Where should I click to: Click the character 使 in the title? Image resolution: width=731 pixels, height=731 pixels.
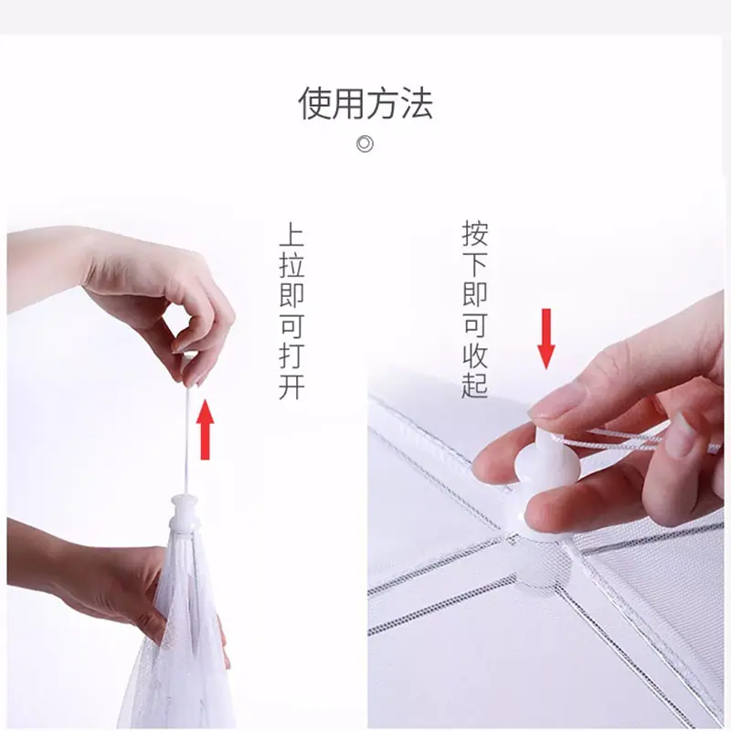(x=314, y=103)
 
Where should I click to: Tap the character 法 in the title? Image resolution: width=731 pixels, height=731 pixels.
(x=417, y=103)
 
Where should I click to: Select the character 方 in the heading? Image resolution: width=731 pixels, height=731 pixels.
(x=382, y=103)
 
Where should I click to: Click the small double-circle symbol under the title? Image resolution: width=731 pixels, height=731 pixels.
(x=365, y=143)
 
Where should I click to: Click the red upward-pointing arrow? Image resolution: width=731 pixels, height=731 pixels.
(x=205, y=430)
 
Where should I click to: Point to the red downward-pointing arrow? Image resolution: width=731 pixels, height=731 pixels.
(x=546, y=338)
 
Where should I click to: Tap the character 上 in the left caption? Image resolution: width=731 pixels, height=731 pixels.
(x=291, y=235)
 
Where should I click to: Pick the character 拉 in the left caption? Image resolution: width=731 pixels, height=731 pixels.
(x=291, y=265)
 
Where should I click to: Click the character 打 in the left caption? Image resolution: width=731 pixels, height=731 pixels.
(x=291, y=357)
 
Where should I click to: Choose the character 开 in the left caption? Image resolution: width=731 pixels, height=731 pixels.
(x=291, y=387)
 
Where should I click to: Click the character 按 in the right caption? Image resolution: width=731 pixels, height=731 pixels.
(x=475, y=234)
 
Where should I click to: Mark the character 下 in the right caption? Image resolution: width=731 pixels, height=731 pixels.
(x=475, y=264)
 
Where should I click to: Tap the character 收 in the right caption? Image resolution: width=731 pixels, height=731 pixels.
(x=475, y=355)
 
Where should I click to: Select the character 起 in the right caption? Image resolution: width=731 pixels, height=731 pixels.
(x=475, y=386)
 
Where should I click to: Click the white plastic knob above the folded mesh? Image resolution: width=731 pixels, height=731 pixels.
(x=185, y=513)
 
